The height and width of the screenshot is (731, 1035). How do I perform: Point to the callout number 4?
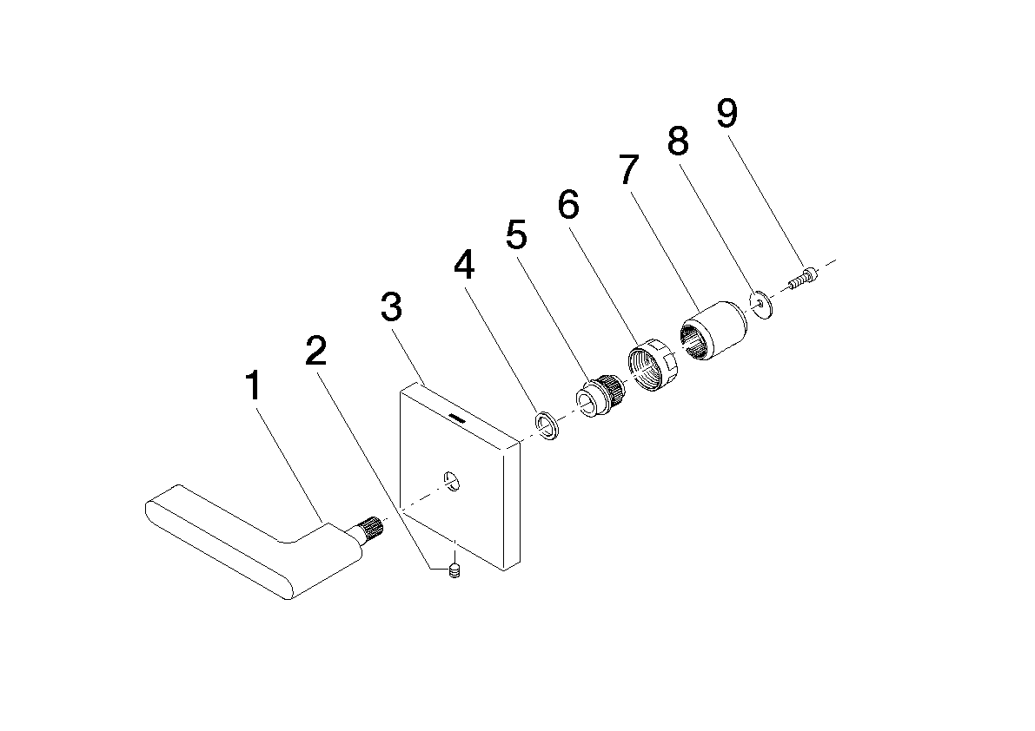[464, 265]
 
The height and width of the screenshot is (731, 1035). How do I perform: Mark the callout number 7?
[629, 169]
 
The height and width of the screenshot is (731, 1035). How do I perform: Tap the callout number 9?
[726, 114]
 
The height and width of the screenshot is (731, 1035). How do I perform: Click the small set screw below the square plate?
[454, 571]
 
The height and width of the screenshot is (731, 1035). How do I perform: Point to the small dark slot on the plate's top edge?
[456, 418]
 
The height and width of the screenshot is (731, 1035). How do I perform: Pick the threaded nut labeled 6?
[649, 365]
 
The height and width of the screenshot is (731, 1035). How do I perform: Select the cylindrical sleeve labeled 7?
[713, 332]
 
